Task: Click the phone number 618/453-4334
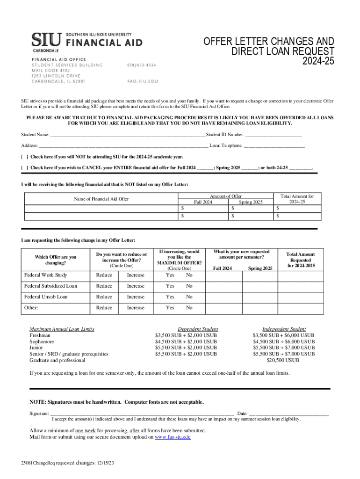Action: tap(142, 65)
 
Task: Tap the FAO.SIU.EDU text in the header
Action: tap(143, 81)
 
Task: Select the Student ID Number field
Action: tap(274, 136)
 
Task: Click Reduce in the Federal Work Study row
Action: tap(104, 275)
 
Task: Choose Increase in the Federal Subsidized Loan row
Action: tap(136, 286)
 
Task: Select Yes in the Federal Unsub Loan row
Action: tap(170, 297)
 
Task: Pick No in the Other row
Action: tap(189, 308)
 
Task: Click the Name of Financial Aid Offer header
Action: tap(101, 199)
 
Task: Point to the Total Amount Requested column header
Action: tap(300, 260)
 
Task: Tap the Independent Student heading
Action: tap(284, 329)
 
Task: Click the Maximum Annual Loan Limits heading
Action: tap(62, 329)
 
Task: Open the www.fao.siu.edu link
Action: tap(173, 437)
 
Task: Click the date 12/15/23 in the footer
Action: tap(106, 463)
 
